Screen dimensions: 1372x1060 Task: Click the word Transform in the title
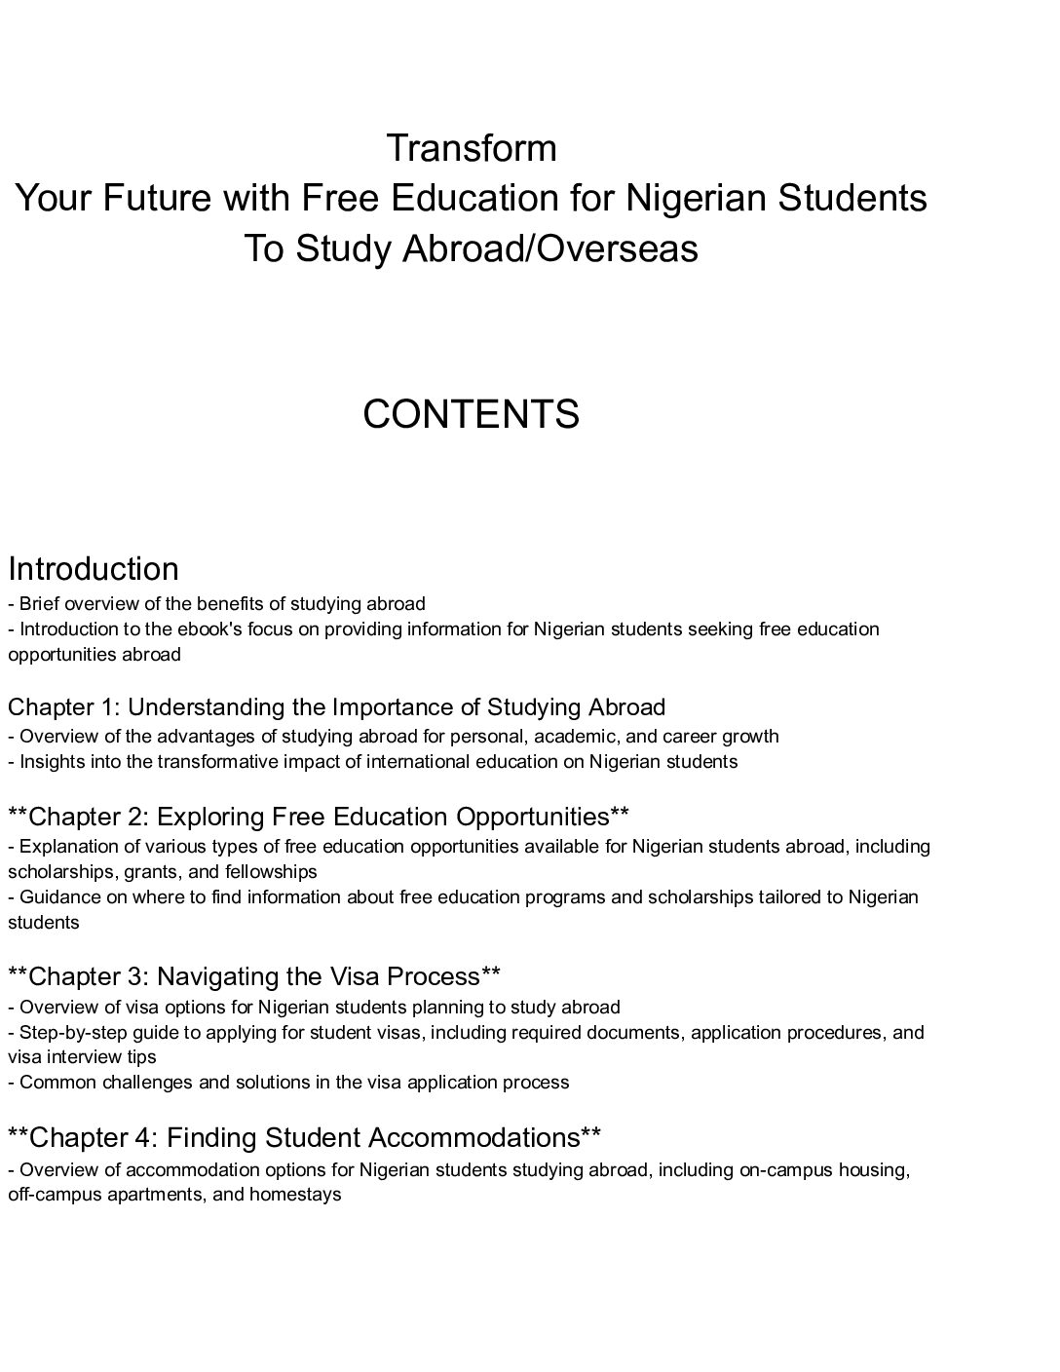(472, 148)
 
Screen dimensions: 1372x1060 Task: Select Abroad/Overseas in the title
(550, 248)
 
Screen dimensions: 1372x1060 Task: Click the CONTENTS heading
(472, 414)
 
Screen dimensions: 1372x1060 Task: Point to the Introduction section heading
(94, 569)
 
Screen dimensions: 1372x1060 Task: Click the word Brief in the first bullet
(41, 603)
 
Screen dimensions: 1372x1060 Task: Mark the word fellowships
(271, 871)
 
